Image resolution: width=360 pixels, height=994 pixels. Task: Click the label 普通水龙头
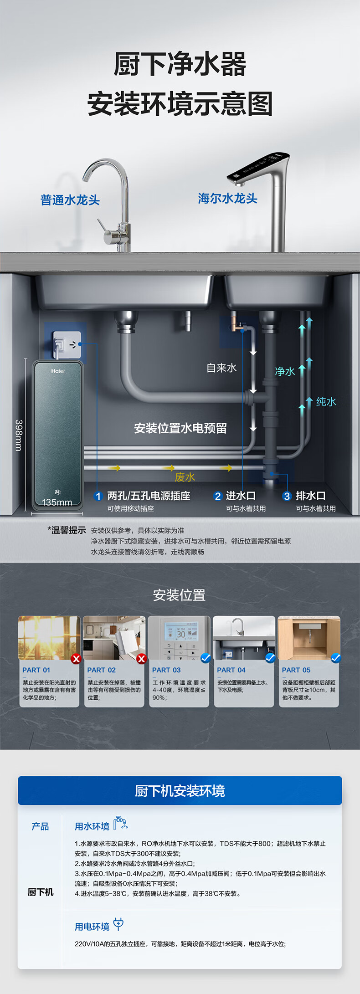click(x=70, y=200)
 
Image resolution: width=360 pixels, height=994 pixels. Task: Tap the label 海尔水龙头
click(x=227, y=198)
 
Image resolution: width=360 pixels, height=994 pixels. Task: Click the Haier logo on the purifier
click(x=58, y=371)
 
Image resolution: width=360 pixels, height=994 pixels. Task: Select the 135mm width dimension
click(x=57, y=502)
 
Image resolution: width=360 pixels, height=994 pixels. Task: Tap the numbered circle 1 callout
click(x=98, y=496)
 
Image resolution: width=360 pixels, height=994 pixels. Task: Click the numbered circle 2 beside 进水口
click(x=218, y=496)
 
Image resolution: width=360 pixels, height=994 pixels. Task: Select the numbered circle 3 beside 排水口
click(x=287, y=496)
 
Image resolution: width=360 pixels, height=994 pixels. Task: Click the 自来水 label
click(x=221, y=368)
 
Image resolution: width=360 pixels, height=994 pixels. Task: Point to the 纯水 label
click(x=326, y=401)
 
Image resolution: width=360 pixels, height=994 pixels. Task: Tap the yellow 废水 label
click(x=185, y=477)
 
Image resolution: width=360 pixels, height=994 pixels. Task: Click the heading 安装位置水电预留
click(x=180, y=428)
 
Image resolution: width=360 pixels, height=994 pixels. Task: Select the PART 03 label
click(x=166, y=670)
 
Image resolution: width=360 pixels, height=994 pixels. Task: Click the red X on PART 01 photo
click(x=76, y=658)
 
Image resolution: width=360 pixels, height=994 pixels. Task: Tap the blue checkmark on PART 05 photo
click(x=336, y=658)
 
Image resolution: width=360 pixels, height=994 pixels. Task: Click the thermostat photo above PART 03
click(x=179, y=638)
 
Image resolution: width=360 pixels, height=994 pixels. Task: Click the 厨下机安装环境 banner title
click(x=180, y=791)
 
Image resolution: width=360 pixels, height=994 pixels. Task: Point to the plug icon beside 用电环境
click(x=118, y=924)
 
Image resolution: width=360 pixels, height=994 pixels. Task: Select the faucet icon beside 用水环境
click(x=120, y=823)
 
